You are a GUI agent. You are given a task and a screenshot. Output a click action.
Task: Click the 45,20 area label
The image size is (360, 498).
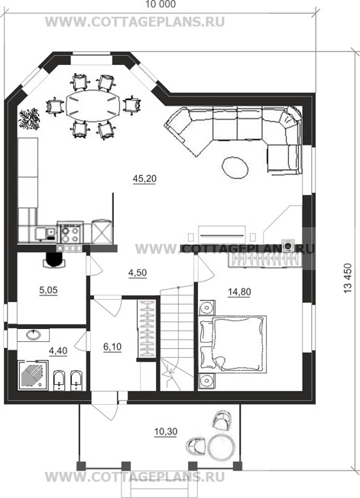pos(144,179)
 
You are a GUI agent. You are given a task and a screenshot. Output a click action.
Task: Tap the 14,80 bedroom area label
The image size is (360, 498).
pos(239,291)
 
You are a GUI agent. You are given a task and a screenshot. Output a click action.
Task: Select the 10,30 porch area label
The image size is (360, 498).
pos(166,431)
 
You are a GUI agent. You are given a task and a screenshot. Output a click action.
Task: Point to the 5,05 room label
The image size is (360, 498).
pos(49,290)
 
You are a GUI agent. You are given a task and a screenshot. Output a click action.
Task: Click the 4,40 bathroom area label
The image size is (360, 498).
pos(58,350)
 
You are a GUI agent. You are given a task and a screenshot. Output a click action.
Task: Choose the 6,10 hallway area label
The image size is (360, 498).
pos(112,347)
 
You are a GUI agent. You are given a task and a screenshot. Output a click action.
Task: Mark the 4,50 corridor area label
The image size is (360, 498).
pos(138,272)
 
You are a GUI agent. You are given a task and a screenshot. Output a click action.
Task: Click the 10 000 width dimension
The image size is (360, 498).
pos(161,5)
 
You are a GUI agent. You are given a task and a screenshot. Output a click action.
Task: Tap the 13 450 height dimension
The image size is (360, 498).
pos(349,278)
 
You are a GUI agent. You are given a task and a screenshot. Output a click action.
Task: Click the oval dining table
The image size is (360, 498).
pos(94,106)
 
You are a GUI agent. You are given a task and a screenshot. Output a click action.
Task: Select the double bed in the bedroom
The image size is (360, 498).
pos(232,343)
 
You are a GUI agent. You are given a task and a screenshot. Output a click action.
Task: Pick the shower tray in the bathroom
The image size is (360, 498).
pos(33,375)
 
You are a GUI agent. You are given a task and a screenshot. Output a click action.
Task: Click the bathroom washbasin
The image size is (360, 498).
pos(33,335)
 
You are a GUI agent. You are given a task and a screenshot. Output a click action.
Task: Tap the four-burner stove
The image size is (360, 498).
pos(70,233)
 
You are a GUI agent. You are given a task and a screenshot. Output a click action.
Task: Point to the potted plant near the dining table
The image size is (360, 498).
pos(30,119)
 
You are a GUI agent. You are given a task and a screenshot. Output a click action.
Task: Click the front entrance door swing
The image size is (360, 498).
pos(105,406)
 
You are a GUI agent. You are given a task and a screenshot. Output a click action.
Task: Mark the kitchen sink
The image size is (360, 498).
pos(41,233)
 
